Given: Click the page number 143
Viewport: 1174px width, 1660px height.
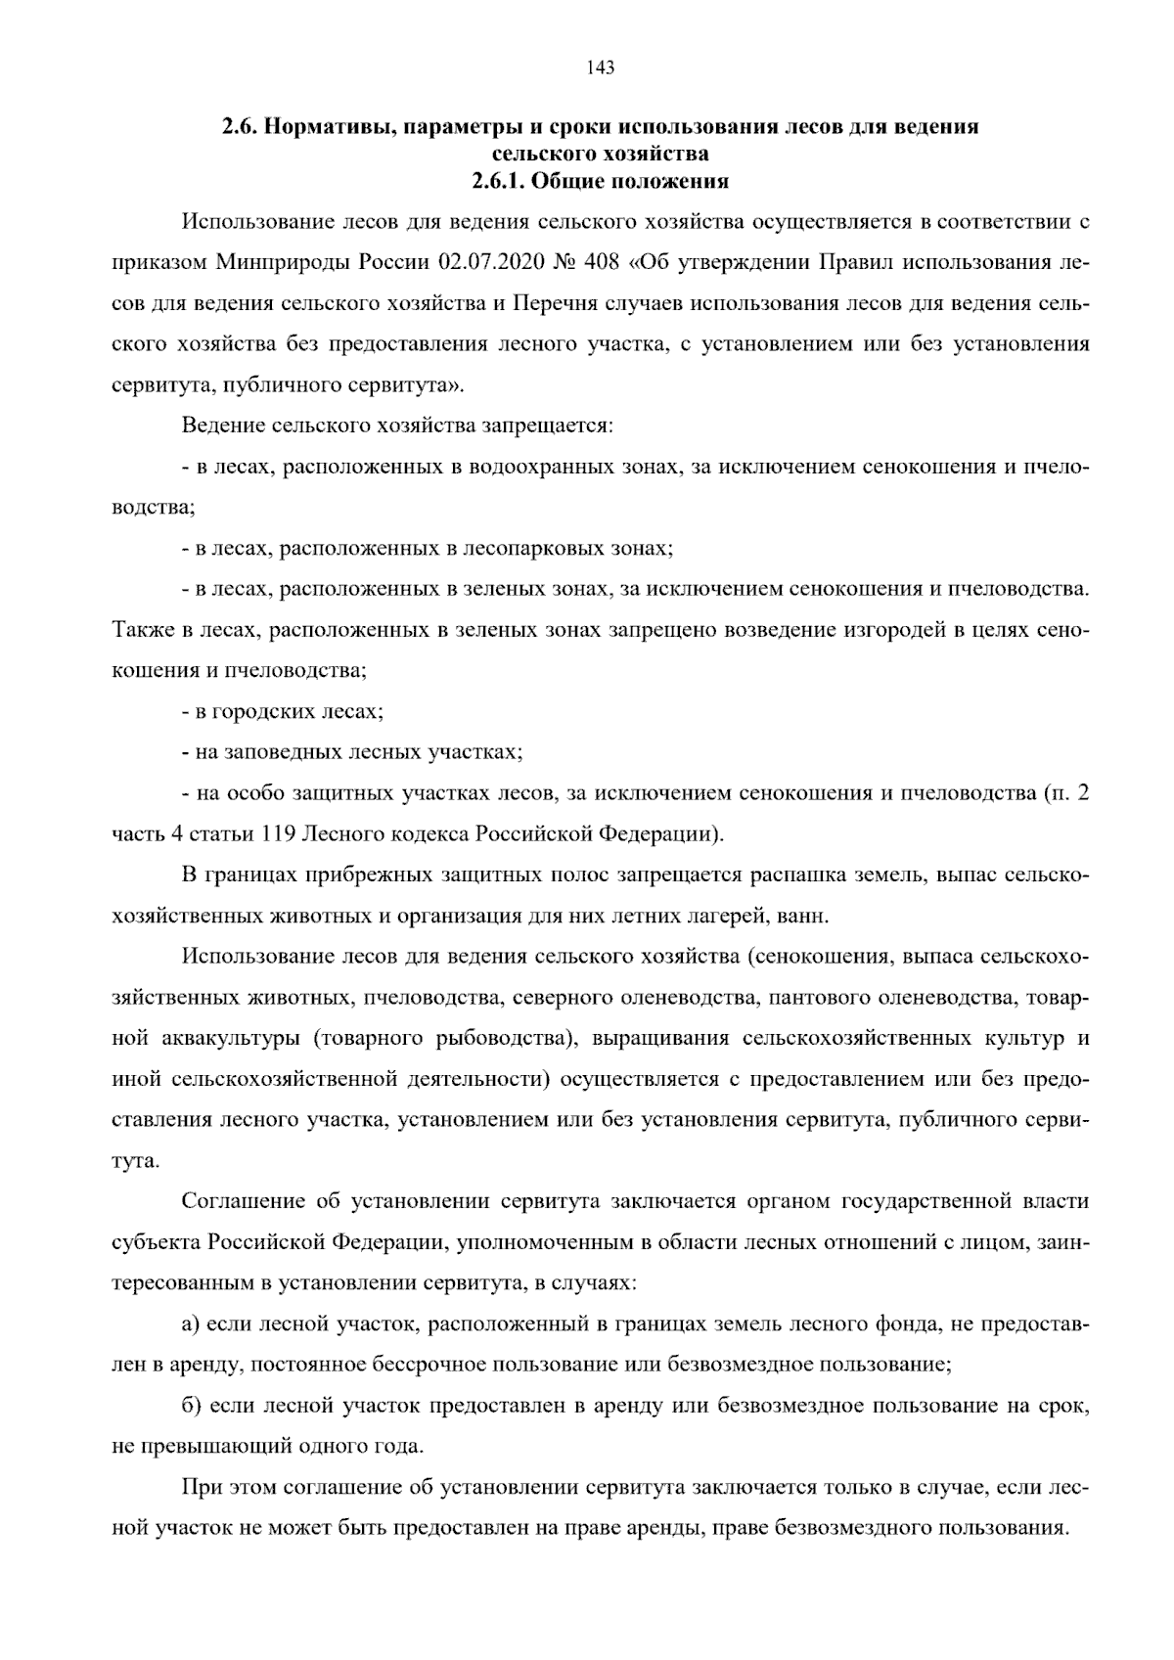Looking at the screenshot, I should (600, 67).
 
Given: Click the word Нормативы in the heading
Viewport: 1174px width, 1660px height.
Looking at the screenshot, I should (329, 127).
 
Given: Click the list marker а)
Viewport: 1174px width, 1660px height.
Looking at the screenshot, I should (192, 1324).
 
